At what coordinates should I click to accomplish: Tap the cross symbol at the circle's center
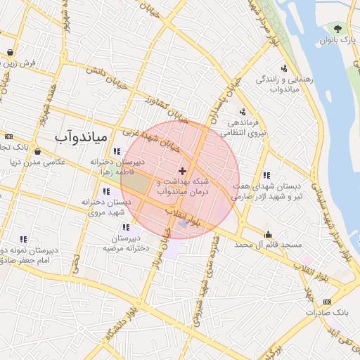point(183,171)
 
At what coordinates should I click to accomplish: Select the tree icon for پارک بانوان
point(337,29)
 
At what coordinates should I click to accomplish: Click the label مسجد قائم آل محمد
point(268,245)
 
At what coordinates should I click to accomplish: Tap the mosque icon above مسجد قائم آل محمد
point(268,234)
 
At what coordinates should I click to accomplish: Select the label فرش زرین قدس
point(28,63)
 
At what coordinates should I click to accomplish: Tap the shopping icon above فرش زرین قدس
point(10,53)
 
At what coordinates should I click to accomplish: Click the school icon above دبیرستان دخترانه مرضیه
point(126,227)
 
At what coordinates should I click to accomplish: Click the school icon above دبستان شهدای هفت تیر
point(266,175)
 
